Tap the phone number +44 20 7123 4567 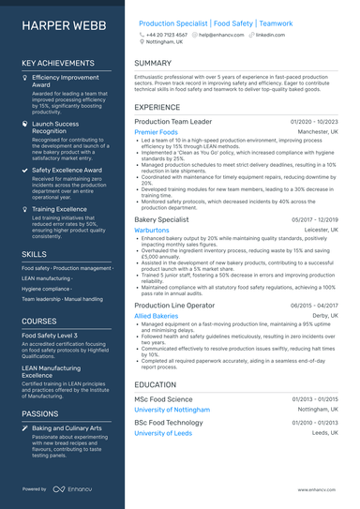(166, 34)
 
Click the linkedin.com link (270, 34)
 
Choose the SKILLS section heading (34, 254)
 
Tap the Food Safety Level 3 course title (50, 335)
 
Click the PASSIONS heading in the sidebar (40, 413)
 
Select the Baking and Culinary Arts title (71, 428)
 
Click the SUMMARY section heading (153, 63)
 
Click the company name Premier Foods (156, 133)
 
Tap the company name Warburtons (152, 230)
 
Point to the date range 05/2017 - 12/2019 (315, 219)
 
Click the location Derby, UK (324, 317)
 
